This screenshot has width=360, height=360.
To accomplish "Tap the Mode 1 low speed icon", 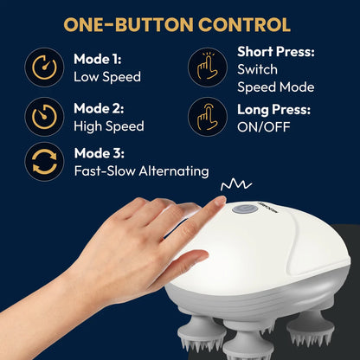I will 42,68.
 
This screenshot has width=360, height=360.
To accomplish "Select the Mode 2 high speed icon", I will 42,116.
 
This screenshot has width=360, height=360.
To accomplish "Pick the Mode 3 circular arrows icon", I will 42,164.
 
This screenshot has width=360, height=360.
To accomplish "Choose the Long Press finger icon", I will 206,116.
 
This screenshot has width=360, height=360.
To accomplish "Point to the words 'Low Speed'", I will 107,77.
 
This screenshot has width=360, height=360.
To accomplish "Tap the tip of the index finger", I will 218,203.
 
